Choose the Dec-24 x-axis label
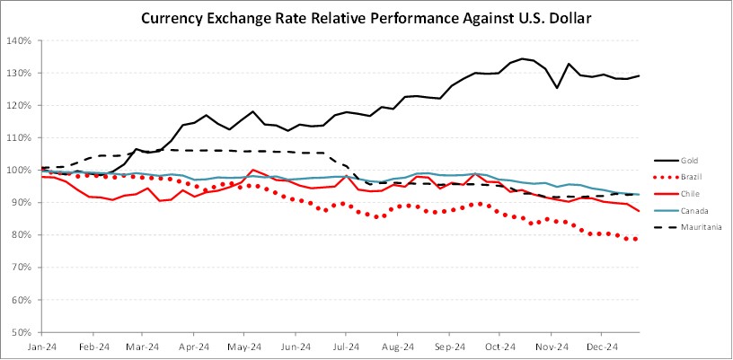click(602, 346)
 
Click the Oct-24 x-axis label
click(499, 346)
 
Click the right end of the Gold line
click(639, 75)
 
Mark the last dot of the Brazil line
click(636, 239)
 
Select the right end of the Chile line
click(639, 211)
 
